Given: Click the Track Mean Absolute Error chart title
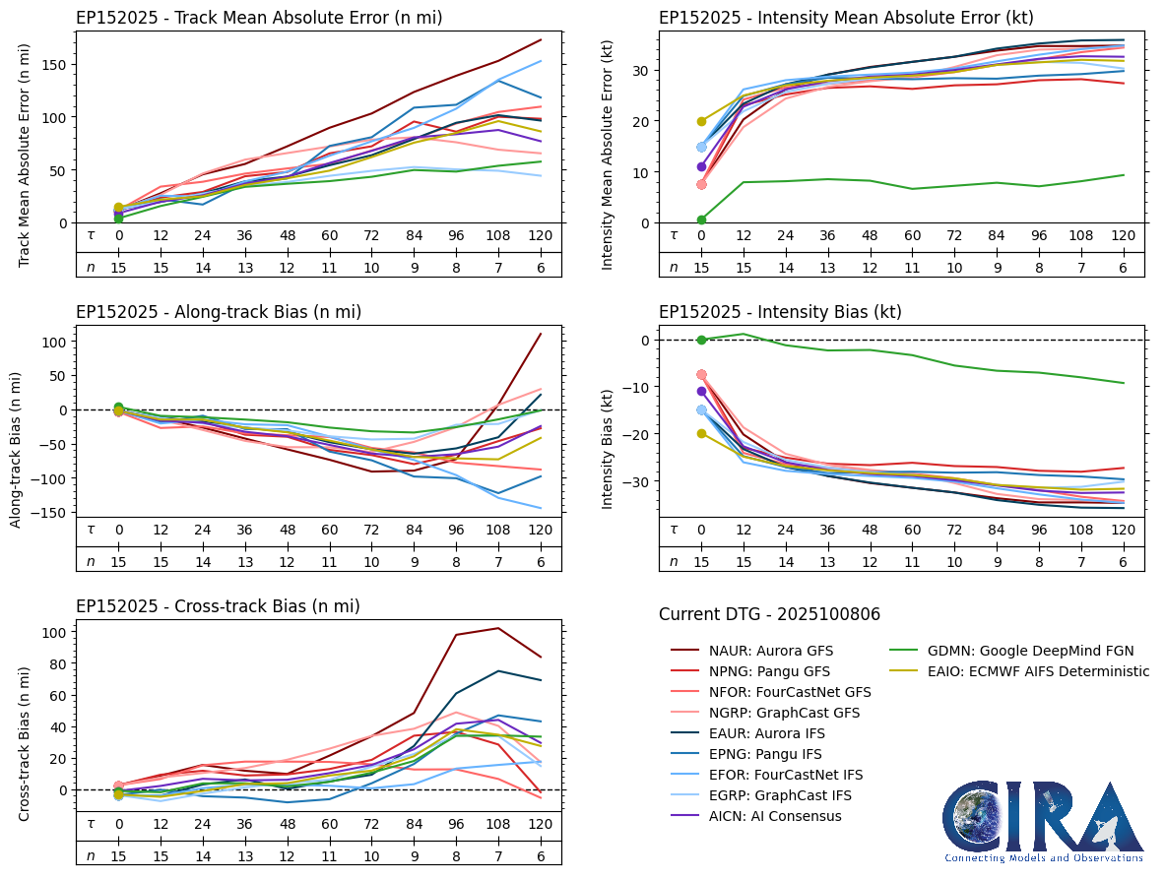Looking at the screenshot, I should (259, 18).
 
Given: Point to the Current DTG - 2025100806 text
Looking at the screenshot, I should (769, 614).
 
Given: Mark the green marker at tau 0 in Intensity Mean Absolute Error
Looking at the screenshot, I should (701, 220).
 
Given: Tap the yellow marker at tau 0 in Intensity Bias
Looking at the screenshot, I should (701, 433).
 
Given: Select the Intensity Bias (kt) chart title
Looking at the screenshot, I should (780, 312).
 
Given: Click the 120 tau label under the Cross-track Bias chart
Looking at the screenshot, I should (541, 824).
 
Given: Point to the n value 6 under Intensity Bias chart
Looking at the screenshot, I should (1123, 561).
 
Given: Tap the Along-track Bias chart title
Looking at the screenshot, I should (219, 312).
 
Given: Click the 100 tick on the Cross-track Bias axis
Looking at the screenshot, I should (55, 632).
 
